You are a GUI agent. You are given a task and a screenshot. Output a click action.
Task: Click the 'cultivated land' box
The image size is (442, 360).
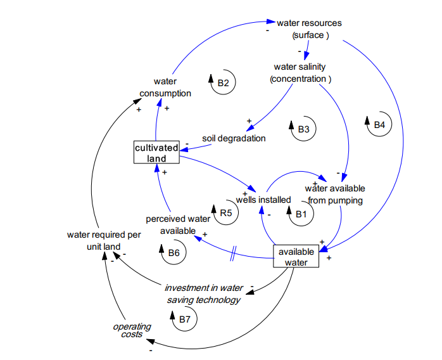click(156, 153)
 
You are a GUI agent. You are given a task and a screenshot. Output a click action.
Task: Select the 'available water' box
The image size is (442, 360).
click(296, 257)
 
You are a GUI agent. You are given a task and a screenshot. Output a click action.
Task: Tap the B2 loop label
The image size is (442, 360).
click(222, 82)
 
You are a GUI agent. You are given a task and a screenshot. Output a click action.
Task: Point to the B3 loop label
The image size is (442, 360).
click(303, 129)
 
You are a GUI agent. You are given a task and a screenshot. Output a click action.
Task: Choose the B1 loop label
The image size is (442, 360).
click(301, 214)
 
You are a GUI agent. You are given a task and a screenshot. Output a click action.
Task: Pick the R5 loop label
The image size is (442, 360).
click(225, 214)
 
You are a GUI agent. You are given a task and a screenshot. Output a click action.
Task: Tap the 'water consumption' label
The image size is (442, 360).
click(165, 87)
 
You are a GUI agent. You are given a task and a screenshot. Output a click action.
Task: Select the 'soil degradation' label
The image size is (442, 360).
click(234, 138)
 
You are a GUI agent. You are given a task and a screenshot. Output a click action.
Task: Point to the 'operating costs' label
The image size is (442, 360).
click(132, 330)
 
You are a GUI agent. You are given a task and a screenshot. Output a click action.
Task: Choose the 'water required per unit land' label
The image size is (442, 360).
click(103, 240)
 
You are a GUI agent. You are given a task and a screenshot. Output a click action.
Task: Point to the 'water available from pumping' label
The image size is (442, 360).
click(335, 195)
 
